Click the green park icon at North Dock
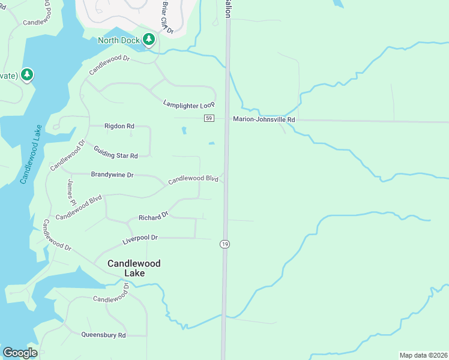click(x=149, y=40)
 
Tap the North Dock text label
click(x=119, y=41)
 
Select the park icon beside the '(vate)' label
click(x=26, y=74)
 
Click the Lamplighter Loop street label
click(x=189, y=105)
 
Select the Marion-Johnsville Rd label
click(x=264, y=120)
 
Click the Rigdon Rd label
click(x=119, y=127)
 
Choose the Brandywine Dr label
click(x=112, y=175)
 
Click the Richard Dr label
click(x=154, y=217)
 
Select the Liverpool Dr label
click(x=140, y=238)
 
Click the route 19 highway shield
click(x=224, y=244)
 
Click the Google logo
click(x=20, y=352)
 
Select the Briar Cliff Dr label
click(x=166, y=16)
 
